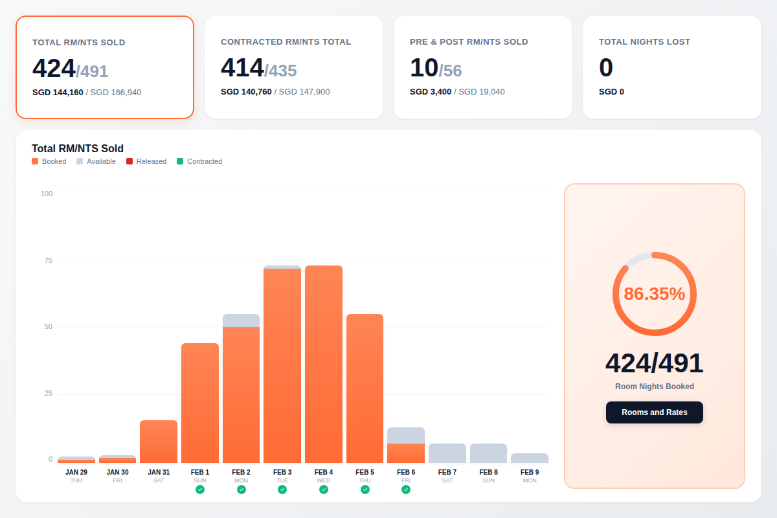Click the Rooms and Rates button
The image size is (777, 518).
pos(654,412)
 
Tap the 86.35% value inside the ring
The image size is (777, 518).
pos(654,294)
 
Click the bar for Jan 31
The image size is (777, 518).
pos(159,442)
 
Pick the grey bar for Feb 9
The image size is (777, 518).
pos(530,458)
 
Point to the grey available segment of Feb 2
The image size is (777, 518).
pos(241,321)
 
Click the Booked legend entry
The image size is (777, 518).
pos(49,161)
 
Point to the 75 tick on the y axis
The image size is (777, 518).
pos(48,260)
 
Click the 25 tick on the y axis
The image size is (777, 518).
pos(48,394)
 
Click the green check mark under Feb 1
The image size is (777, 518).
pos(200,490)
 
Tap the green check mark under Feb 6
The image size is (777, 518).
pos(406,490)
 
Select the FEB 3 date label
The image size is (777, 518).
pos(282,472)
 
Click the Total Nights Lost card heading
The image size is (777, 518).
pos(644,42)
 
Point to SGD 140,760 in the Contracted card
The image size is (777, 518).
pos(246,92)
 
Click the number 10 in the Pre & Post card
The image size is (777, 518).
pos(423,68)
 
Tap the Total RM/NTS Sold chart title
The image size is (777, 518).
pos(78,148)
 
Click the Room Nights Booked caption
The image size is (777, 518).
pos(654,387)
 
